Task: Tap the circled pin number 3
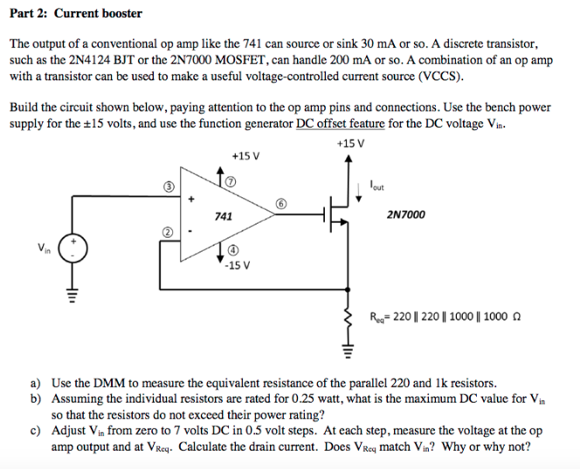pyautogui.click(x=172, y=186)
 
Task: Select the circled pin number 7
pyautogui.click(x=230, y=181)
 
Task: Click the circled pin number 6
pyautogui.click(x=280, y=203)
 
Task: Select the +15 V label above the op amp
pyautogui.click(x=245, y=156)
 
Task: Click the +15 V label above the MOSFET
pyautogui.click(x=349, y=144)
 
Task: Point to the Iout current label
pyautogui.click(x=376, y=185)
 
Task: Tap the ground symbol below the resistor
pyautogui.click(x=349, y=351)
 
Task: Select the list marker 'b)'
pyautogui.click(x=36, y=398)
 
